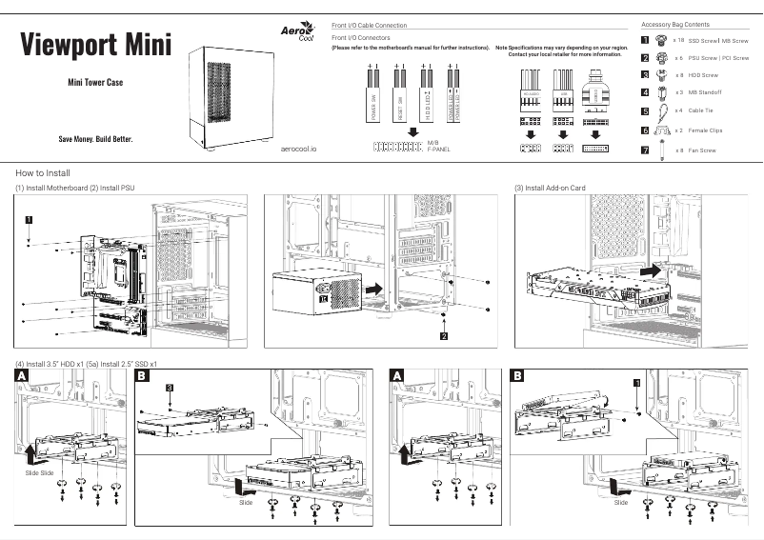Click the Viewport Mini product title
(95, 45)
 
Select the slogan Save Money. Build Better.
(95, 139)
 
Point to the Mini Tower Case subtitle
(95, 83)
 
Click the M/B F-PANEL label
(439, 145)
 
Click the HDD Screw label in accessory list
(703, 74)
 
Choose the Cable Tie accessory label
(703, 110)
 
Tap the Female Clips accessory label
(705, 130)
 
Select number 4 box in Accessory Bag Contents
(645, 92)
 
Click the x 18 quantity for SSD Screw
(678, 41)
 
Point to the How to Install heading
(43, 173)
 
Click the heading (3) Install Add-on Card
(550, 189)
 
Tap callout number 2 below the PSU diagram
(444, 336)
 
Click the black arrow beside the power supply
(377, 286)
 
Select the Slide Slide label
(40, 472)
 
